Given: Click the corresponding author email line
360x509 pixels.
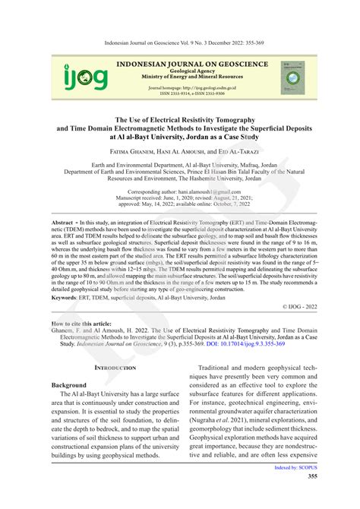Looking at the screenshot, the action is point(179,192).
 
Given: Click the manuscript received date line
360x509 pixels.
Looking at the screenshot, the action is point(179,199).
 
